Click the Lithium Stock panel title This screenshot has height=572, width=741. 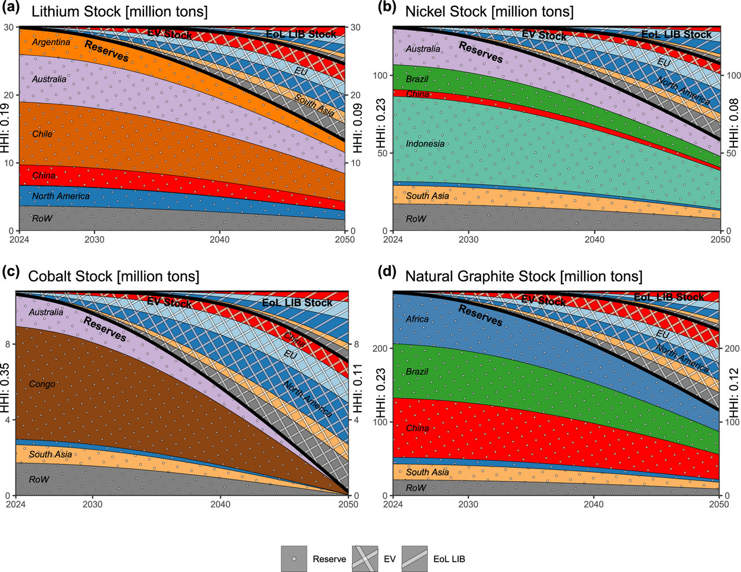[119, 12]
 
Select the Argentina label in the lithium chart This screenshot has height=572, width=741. [51, 42]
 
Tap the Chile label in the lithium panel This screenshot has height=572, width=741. [42, 134]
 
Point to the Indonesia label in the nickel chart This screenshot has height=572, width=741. [425, 144]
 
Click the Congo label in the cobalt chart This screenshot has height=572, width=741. [42, 384]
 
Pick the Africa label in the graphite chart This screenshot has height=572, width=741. [417, 319]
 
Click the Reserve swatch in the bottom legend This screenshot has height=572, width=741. [294, 559]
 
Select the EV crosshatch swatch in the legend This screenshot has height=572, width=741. [365, 559]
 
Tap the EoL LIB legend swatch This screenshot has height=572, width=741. [414, 559]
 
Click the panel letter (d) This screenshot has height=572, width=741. [387, 272]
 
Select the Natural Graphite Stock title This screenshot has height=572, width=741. [523, 276]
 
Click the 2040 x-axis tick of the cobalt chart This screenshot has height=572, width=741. [220, 504]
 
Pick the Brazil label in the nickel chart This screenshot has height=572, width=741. [417, 79]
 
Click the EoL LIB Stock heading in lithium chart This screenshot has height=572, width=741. [301, 34]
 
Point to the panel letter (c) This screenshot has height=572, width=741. [11, 272]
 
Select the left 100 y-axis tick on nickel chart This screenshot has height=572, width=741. [380, 75]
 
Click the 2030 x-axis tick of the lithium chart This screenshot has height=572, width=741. [94, 239]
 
